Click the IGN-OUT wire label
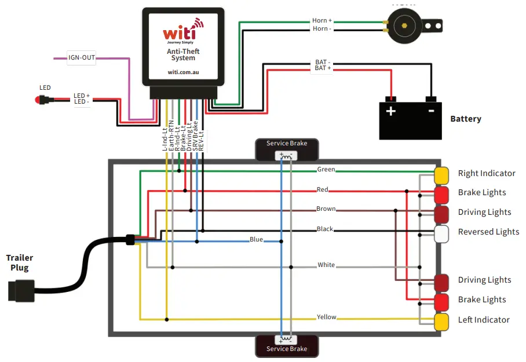(x=82, y=58)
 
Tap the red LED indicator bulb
(x=39, y=100)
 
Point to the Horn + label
(x=322, y=20)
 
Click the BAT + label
(x=323, y=68)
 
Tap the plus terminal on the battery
(x=391, y=110)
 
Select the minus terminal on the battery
(x=430, y=110)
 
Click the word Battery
(x=465, y=119)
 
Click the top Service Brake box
(x=286, y=149)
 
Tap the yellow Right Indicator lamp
(x=441, y=174)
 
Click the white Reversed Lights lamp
(x=441, y=233)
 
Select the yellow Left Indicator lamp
(x=441, y=321)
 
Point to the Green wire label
(x=326, y=170)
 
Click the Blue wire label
(x=256, y=239)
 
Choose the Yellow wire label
(x=326, y=317)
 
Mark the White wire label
(x=326, y=265)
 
